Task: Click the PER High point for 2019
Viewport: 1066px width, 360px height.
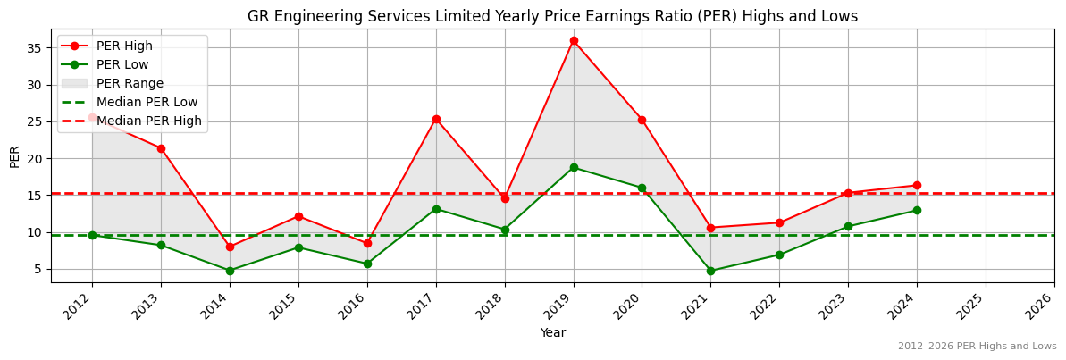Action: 574,40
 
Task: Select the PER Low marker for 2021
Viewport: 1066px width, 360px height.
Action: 710,271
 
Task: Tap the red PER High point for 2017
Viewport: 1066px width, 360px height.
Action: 436,119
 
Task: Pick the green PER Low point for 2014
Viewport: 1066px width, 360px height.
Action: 230,271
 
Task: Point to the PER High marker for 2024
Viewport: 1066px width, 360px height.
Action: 917,186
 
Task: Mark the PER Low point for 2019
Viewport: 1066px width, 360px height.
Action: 574,167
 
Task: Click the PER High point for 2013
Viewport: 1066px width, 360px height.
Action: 161,148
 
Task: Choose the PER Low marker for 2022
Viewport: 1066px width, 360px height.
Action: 779,255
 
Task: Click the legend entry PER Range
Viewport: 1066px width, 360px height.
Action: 130,83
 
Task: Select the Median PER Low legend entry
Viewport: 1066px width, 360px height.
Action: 147,102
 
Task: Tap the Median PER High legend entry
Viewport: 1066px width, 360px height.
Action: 148,121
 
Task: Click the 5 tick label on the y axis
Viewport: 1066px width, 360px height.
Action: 39,269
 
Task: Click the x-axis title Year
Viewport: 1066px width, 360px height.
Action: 552,333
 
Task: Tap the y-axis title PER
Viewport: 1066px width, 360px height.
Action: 14,156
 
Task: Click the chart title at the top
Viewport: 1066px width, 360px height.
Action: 552,16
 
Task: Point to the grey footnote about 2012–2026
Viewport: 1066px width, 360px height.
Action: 977,347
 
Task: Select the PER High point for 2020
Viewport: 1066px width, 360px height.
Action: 642,120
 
